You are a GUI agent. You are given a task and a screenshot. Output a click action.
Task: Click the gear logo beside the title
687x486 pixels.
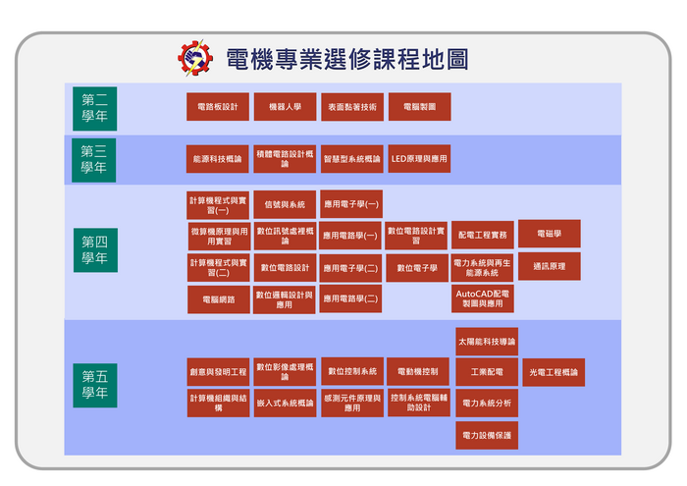point(194,58)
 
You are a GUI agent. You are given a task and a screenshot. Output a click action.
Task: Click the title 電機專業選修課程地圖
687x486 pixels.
point(345,59)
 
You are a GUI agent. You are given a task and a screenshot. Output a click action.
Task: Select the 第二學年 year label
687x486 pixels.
point(95,108)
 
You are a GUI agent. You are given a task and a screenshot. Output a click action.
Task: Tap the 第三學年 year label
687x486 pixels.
point(95,159)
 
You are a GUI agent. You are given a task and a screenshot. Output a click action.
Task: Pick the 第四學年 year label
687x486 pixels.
point(95,250)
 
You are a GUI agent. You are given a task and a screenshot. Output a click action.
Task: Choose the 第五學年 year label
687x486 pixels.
point(95,384)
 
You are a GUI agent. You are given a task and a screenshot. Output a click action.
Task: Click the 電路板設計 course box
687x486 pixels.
point(218,107)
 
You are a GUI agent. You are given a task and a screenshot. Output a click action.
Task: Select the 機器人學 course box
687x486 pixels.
point(285,107)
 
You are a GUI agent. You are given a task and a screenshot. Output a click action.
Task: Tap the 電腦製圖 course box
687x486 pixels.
point(419,107)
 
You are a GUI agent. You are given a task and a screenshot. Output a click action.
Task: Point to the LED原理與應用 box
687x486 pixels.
point(419,159)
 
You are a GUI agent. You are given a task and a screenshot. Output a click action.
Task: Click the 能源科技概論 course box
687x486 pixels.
point(218,159)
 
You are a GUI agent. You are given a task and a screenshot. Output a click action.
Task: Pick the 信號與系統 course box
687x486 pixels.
point(285,204)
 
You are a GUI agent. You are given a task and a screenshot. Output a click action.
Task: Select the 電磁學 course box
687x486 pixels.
point(549,234)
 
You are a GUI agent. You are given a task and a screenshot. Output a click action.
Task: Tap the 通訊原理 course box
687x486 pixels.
point(549,266)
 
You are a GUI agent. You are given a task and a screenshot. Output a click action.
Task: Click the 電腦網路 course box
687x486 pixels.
point(218,299)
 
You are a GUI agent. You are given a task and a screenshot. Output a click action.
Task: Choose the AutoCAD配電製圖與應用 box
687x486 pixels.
point(482,298)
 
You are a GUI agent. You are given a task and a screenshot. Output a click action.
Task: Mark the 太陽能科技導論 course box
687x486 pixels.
point(487,342)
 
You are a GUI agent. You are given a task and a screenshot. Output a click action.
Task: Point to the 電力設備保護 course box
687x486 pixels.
point(487,434)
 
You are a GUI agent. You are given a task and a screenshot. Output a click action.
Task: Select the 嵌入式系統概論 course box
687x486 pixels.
point(285,403)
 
